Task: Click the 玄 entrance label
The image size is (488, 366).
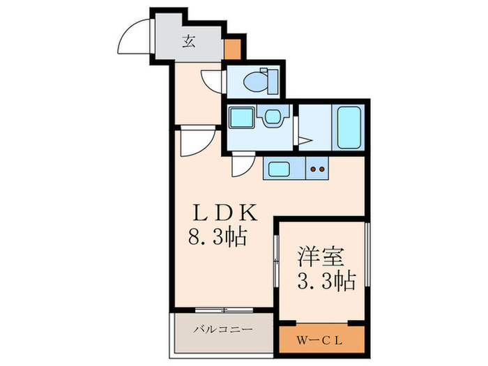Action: [189, 40]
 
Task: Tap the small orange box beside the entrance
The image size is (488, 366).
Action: [232, 49]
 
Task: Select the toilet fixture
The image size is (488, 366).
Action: [259, 80]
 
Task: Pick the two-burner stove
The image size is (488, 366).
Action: [318, 168]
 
